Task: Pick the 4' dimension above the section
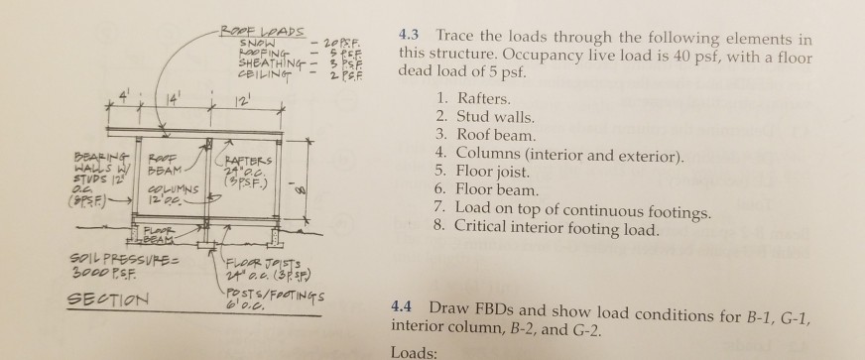click(x=122, y=97)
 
